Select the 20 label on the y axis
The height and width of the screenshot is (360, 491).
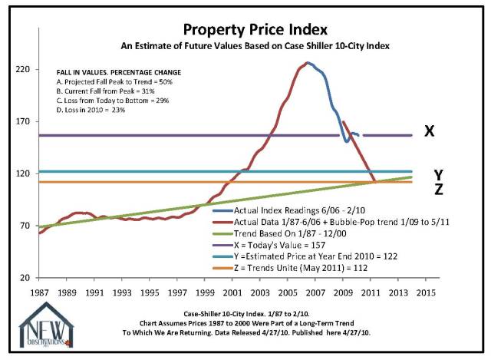[x=24, y=278]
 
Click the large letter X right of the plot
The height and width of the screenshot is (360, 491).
[x=430, y=131]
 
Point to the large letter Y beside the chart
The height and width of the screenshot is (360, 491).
[x=438, y=174]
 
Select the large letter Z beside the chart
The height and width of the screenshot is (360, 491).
[x=438, y=190]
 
